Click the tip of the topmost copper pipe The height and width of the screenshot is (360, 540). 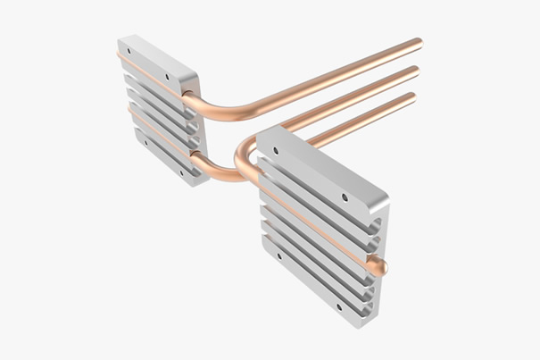[x=418, y=42]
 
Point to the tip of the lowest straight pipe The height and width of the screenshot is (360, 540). [x=412, y=96]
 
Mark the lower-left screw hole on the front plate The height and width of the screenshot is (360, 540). [x=279, y=256]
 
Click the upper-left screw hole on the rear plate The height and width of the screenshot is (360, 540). [x=129, y=51]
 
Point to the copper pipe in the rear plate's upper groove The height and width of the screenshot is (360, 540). [x=152, y=75]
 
